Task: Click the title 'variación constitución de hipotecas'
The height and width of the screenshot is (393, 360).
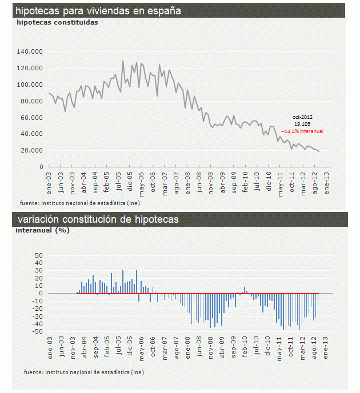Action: pos(98,220)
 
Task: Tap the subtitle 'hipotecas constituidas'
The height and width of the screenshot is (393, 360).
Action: pos(57,22)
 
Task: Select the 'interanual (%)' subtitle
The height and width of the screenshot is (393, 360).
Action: pos(43,231)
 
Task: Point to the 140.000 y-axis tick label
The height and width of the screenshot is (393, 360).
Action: pos(30,52)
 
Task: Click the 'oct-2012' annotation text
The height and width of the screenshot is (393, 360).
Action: pos(303,117)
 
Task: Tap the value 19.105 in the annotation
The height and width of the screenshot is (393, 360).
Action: pos(303,124)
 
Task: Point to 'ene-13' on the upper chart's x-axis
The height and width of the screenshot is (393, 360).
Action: pos(327,180)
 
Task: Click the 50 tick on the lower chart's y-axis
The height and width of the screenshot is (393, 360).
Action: pos(39,255)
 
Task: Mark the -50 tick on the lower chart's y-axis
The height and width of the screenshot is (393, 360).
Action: pos(38,331)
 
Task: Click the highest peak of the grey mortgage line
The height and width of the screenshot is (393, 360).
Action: pos(123,61)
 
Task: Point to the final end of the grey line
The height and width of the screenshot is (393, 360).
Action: pos(319,151)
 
